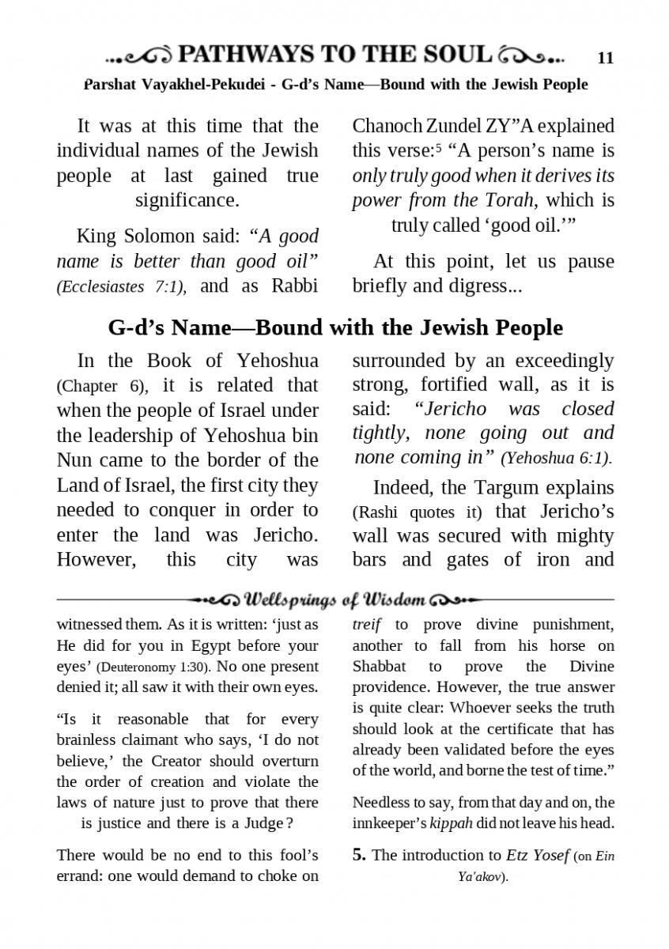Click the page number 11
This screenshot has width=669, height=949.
tap(605, 58)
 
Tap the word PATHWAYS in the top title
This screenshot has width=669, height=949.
tap(245, 55)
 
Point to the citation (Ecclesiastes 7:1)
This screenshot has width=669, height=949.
tap(121, 288)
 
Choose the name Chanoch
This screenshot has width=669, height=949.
tap(386, 126)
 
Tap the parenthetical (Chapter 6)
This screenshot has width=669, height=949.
tap(100, 387)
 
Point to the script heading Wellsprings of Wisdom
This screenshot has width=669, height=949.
tap(335, 600)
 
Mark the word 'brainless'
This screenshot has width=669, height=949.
tap(90, 740)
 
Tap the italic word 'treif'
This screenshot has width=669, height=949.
tap(367, 625)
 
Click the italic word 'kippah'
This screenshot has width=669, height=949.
tap(451, 824)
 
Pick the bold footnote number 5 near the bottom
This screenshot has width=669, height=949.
tap(358, 855)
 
